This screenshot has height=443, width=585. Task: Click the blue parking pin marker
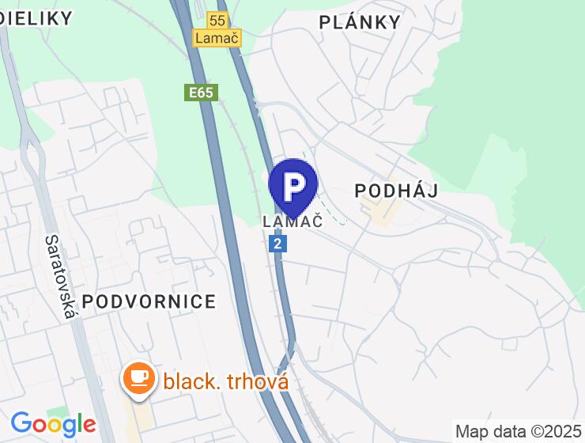[x=293, y=187]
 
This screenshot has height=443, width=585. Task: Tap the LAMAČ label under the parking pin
[x=292, y=221]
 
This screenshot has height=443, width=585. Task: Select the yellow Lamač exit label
[x=217, y=37]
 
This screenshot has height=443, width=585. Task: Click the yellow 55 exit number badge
[x=217, y=20]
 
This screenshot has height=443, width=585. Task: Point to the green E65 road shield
[x=201, y=93]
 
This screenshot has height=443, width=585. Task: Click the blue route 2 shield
[x=277, y=244]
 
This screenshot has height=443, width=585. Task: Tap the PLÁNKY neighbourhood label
[x=360, y=22]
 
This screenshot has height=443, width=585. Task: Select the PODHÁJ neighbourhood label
[x=396, y=191]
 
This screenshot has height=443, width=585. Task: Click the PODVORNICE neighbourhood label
[x=149, y=301]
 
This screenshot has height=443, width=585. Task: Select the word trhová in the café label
[x=259, y=381]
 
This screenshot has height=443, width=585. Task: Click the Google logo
[x=53, y=425]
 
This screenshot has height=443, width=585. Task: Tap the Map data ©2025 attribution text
[x=518, y=431]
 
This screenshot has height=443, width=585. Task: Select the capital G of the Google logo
[x=21, y=424]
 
